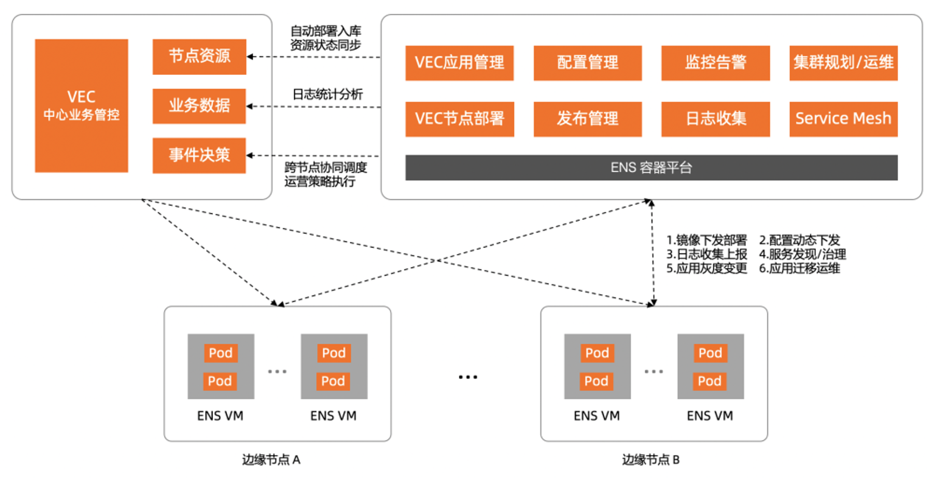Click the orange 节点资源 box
[x=199, y=57]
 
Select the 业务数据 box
[x=199, y=106]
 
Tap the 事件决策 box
[x=199, y=155]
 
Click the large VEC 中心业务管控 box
[x=81, y=105]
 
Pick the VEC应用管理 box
[x=459, y=63]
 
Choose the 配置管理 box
[x=587, y=63]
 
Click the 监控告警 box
[x=716, y=63]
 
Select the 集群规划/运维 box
[x=843, y=63]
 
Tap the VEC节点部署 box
[x=459, y=119]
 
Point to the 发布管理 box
[x=587, y=119]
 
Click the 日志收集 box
[x=716, y=119]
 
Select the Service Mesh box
[x=843, y=119]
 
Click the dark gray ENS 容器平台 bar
[x=651, y=168]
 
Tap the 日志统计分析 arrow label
[x=327, y=94]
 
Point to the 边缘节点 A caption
[x=271, y=459]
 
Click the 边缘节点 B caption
[x=650, y=459]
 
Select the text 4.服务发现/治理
[x=802, y=254]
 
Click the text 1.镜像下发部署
[x=706, y=240]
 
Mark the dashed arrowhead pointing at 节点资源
[x=250, y=57]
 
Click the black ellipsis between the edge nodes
[x=467, y=378]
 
